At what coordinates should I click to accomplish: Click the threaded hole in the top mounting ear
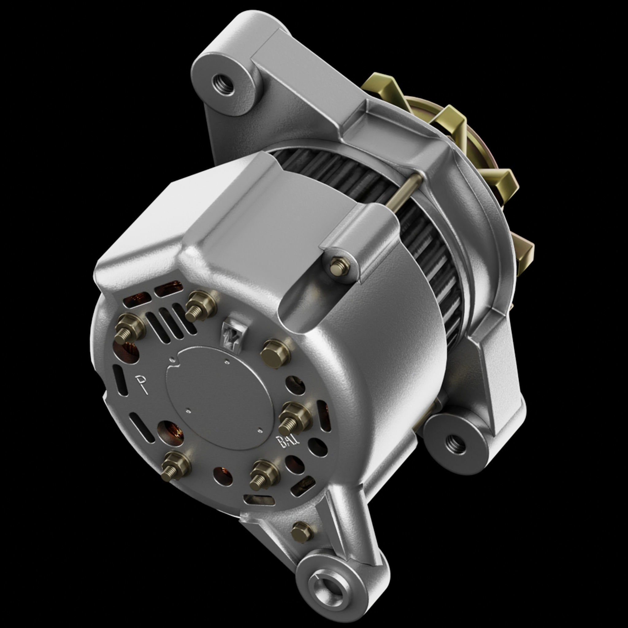(x=223, y=84)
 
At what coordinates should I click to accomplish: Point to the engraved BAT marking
(x=287, y=442)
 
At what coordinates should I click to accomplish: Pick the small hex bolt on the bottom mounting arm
(x=302, y=532)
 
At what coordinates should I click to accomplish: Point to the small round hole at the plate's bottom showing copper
(x=223, y=477)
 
